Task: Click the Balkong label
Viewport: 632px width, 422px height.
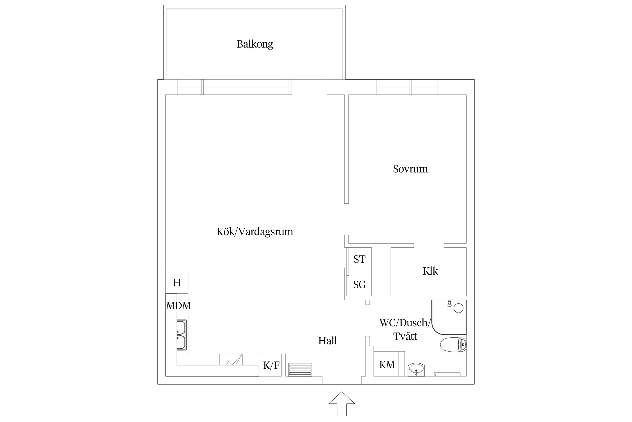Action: point(255,44)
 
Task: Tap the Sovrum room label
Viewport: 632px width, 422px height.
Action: point(410,169)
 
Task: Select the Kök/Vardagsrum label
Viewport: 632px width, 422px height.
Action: point(255,232)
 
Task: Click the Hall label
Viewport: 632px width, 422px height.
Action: point(327,341)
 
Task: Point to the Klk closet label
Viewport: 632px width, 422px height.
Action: point(430,271)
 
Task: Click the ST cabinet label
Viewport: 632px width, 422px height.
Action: point(359,259)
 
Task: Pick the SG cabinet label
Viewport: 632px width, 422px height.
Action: point(359,285)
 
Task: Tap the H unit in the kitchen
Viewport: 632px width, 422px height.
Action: point(177,282)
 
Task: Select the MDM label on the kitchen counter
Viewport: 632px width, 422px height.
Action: point(178,306)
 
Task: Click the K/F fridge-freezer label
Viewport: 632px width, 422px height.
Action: point(271,365)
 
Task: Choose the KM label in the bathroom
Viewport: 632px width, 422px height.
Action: point(387,365)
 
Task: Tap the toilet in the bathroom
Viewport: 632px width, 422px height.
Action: point(453,344)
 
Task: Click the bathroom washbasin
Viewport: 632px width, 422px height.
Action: point(416,369)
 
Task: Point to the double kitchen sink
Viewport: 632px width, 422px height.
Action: point(181,335)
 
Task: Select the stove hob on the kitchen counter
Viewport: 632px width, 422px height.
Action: point(231,359)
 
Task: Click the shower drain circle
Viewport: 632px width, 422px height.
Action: point(458,308)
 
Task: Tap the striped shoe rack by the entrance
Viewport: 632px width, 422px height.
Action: point(300,369)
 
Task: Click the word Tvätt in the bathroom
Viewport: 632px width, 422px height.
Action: point(405,336)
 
